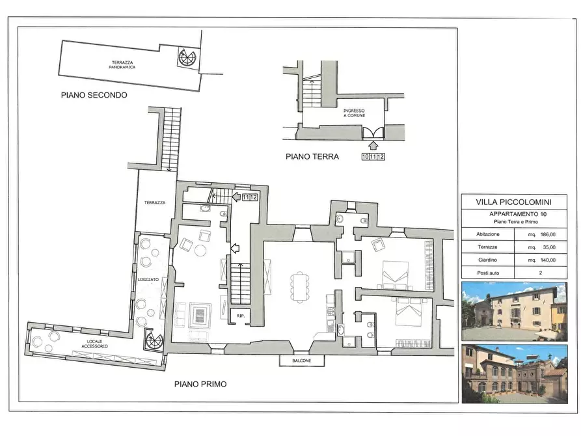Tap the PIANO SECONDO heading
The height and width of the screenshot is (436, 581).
tap(94, 95)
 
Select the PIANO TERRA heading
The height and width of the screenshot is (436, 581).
tap(312, 156)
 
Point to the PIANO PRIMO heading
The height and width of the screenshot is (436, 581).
tap(200, 385)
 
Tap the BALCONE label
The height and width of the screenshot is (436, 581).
tap(301, 361)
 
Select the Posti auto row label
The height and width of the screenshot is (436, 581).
tap(486, 273)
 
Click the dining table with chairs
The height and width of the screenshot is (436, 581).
tap(301, 286)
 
